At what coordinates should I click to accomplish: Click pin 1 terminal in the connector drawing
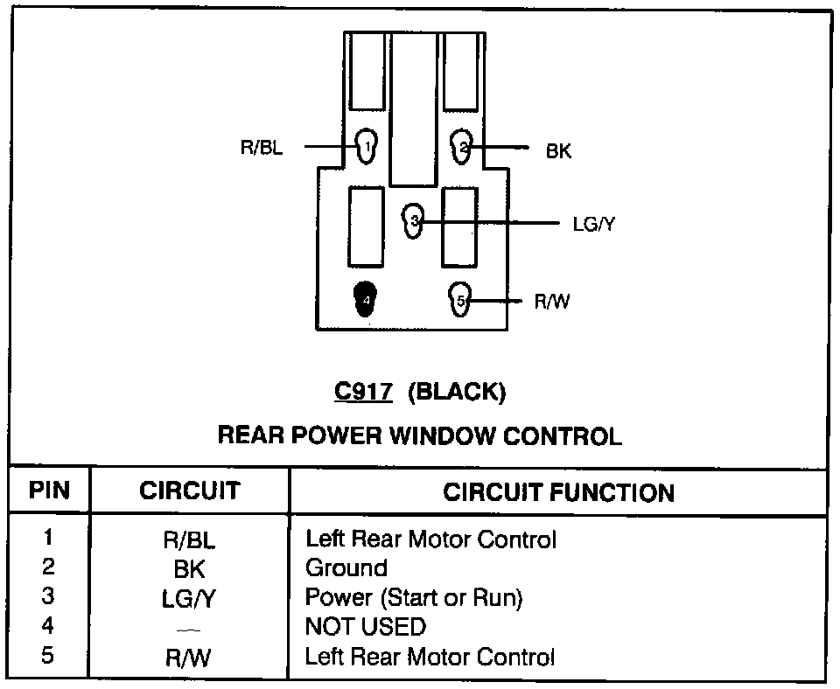[x=367, y=145]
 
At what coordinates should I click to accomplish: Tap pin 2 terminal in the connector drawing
[x=463, y=147]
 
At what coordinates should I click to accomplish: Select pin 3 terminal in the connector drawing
[x=414, y=220]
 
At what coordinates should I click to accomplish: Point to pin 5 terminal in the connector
[x=460, y=300]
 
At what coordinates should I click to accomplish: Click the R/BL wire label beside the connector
[x=262, y=148]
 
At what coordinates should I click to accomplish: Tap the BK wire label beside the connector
[x=558, y=151]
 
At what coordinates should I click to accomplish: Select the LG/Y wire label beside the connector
[x=594, y=224]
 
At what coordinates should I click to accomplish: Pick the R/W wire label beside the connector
[x=552, y=303]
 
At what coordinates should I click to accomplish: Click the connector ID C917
[x=362, y=393]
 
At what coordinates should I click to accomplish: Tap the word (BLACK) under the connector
[x=457, y=393]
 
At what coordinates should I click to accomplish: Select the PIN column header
[x=49, y=491]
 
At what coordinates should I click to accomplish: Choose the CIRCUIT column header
[x=189, y=491]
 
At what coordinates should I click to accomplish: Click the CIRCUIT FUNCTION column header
[x=558, y=492]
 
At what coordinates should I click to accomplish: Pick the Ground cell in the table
[x=346, y=568]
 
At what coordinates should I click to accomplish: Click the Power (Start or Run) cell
[x=413, y=598]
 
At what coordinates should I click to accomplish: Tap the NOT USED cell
[x=365, y=627]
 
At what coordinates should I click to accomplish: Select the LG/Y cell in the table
[x=189, y=600]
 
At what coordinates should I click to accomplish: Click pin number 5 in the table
[x=48, y=655]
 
